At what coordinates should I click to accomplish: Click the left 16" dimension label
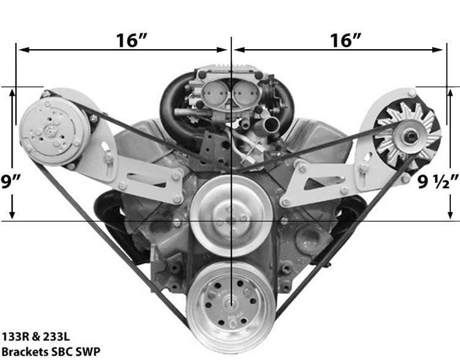coord(131,40)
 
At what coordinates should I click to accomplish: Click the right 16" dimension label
coord(345,40)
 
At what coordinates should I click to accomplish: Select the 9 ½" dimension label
coord(438,182)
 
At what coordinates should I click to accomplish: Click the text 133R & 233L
coord(36,337)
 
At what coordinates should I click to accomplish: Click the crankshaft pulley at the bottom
coord(231,307)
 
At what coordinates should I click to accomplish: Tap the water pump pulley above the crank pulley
coord(231,216)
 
